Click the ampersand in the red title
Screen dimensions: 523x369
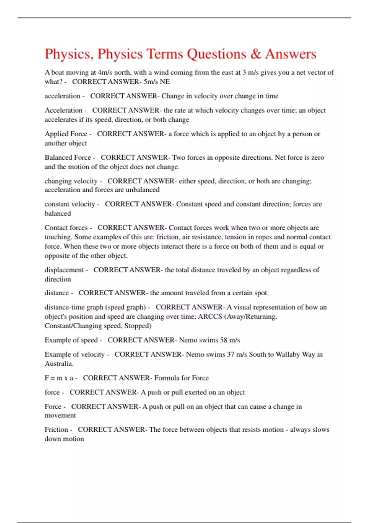(x=255, y=54)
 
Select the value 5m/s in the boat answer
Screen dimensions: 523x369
(x=150, y=82)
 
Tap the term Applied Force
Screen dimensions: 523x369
(x=66, y=134)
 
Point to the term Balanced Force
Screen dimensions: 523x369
(x=68, y=158)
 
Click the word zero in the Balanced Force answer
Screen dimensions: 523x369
(x=318, y=158)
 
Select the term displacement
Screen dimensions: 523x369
(x=64, y=270)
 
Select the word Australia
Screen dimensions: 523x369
(x=58, y=364)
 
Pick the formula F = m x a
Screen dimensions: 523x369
(x=59, y=378)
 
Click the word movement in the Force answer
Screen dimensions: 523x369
(x=60, y=416)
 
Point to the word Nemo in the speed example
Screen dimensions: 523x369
(x=188, y=340)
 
